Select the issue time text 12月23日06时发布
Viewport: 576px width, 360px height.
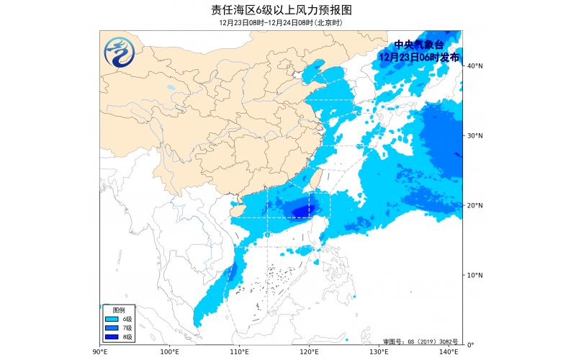pos(419,57)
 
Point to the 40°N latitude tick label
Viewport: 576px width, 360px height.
pos(473,66)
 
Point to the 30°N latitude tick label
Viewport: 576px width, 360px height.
pos(473,135)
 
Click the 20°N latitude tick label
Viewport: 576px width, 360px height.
pos(473,205)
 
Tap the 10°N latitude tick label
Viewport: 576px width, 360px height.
pos(473,275)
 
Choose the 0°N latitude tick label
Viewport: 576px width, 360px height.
pos(471,344)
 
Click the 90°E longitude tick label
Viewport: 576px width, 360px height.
pos(100,352)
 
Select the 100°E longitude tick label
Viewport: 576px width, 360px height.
pos(170,352)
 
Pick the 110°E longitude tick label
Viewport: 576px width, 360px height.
pos(240,352)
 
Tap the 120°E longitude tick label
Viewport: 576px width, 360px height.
pos(310,352)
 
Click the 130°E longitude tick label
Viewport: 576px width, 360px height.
pos(379,352)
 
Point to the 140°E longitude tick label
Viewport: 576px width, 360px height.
pos(449,352)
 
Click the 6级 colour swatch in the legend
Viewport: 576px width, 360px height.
pos(112,319)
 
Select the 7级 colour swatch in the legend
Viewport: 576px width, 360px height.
pos(112,328)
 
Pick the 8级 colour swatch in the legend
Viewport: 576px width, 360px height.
pos(112,336)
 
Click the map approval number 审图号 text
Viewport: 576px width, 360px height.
pos(420,341)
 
